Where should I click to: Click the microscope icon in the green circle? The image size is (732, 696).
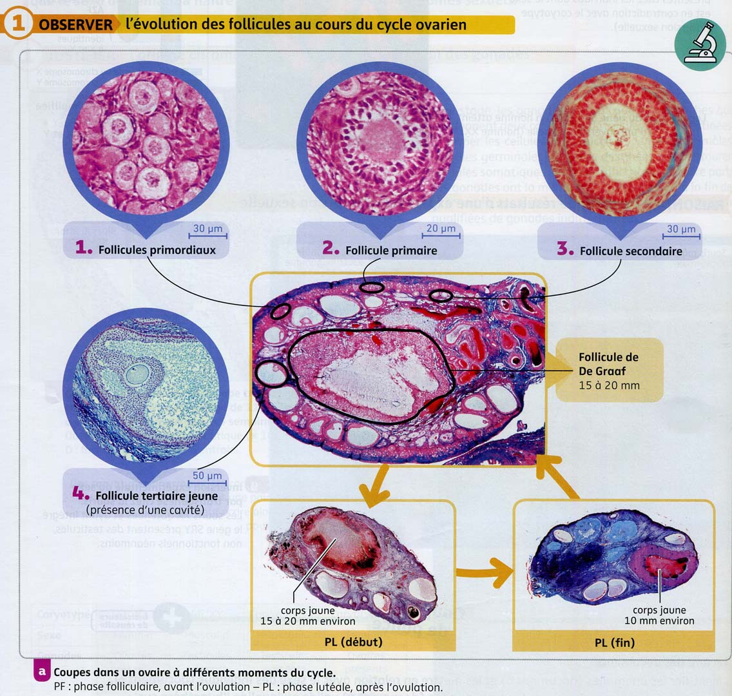[698, 44]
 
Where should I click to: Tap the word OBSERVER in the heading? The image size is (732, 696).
[75, 25]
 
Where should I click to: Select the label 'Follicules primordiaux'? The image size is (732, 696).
[157, 249]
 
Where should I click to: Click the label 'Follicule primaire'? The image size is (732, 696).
[391, 251]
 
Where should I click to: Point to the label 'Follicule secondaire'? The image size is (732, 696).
[630, 251]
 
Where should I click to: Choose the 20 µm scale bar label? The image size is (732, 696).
[441, 229]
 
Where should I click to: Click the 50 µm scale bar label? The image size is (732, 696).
[207, 476]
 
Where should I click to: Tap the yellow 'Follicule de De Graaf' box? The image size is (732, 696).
[608, 370]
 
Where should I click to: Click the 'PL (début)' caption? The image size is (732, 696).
[353, 642]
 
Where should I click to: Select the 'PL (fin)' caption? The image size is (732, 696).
[614, 643]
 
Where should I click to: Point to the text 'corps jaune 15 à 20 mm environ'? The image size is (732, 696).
[307, 615]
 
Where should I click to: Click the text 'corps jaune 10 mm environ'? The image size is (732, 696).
[659, 615]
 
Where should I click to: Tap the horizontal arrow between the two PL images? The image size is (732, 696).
[483, 572]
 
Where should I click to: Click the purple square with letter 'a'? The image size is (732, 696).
[42, 671]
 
